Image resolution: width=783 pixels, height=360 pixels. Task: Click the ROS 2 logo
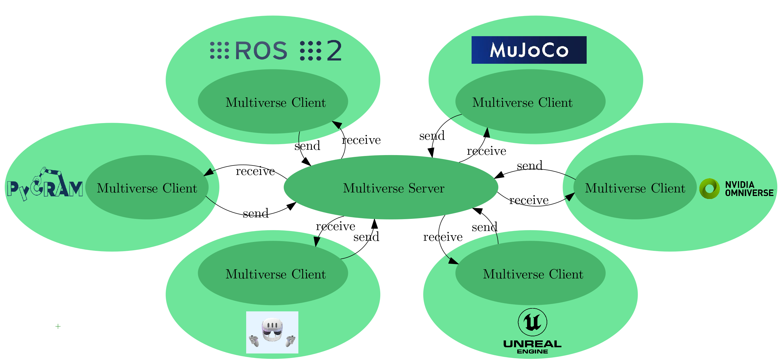[x=276, y=50]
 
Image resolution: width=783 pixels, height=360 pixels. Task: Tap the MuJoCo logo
[x=529, y=50]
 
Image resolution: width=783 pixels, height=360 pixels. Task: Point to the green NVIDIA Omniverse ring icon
[x=709, y=189]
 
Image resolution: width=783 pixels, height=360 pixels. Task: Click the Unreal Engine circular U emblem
[x=532, y=322]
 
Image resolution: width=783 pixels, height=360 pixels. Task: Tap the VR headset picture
[x=272, y=332]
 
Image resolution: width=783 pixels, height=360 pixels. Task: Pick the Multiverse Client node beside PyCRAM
[x=147, y=187]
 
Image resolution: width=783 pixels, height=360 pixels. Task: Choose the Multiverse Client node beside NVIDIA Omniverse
[x=635, y=187]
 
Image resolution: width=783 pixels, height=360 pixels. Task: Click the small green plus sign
[x=58, y=326]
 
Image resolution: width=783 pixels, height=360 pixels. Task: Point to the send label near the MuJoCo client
[x=432, y=136]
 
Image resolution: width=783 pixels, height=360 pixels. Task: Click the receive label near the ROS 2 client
[x=361, y=140]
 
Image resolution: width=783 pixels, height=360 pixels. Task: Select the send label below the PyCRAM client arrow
[x=256, y=213]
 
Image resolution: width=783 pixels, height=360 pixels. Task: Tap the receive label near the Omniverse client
[x=529, y=200]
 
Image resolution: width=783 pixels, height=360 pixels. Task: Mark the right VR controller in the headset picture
[x=290, y=340]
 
